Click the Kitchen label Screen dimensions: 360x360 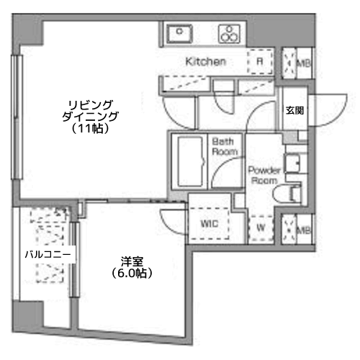coord(206,62)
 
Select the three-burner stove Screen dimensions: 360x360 coord(229,33)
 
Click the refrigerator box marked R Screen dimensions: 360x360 coord(259,62)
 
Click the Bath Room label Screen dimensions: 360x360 coord(224,147)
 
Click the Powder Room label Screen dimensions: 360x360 coord(262,176)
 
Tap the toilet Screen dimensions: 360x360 coord(294,192)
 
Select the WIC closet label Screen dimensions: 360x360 coord(208,223)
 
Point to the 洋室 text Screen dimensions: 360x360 coord(131,261)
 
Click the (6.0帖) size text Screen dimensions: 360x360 coord(131,274)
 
